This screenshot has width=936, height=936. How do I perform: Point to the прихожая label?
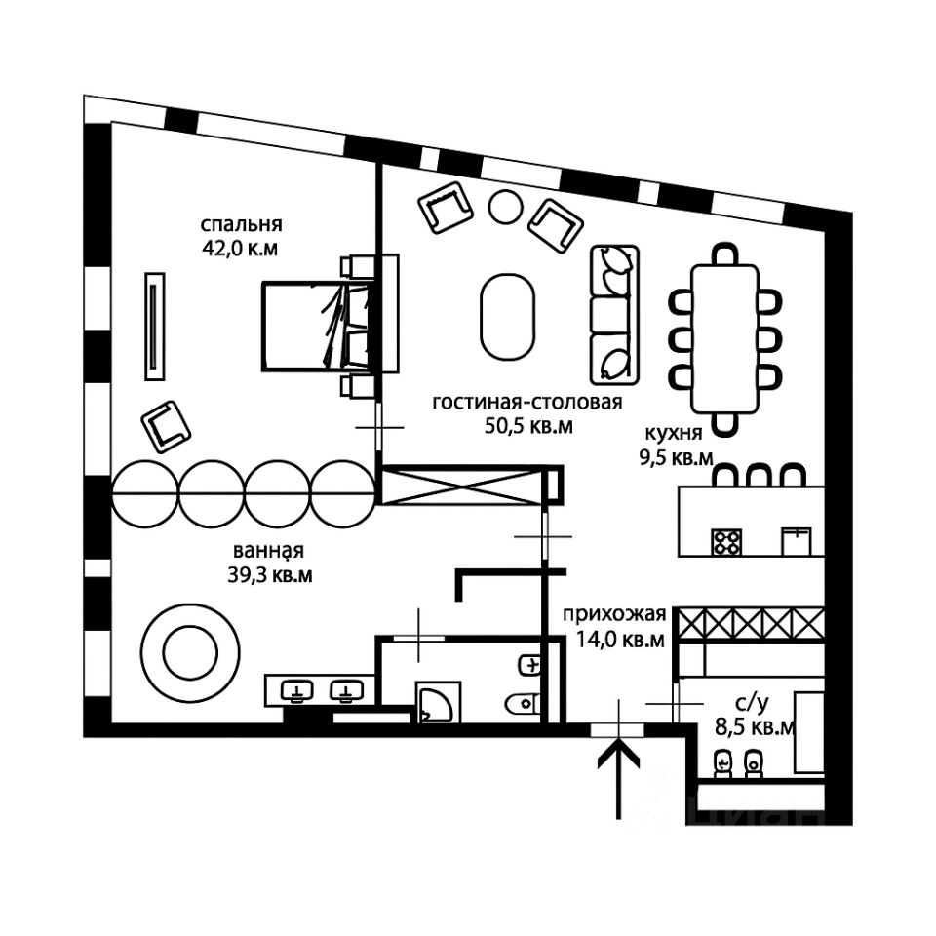[x=613, y=615]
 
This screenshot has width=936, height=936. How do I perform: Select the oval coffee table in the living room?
[x=507, y=316]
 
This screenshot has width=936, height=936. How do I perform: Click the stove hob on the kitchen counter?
[x=726, y=540]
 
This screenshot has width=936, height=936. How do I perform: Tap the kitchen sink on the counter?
[x=797, y=539]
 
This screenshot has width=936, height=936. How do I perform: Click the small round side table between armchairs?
[x=506, y=206]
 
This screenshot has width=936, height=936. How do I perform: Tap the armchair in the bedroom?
[x=167, y=425]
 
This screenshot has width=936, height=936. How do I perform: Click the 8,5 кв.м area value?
[x=754, y=726]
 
